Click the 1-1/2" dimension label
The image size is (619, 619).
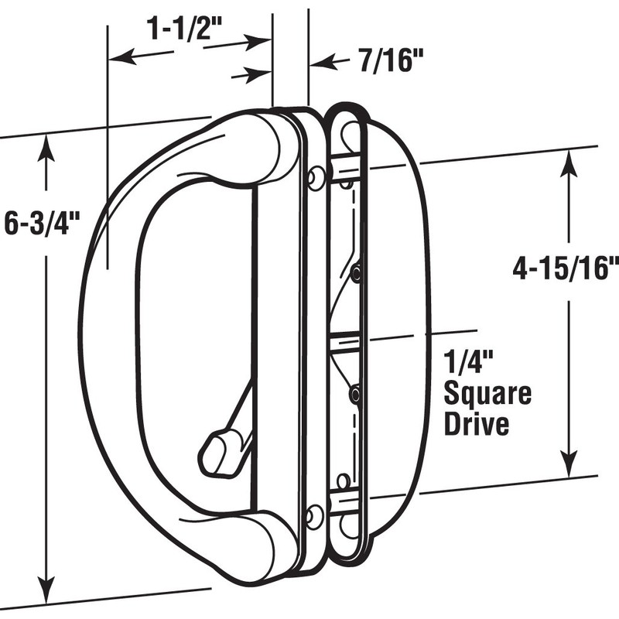(184, 29)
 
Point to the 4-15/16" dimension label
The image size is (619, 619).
(566, 268)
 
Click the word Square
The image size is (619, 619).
(488, 395)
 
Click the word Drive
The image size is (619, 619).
(477, 424)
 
